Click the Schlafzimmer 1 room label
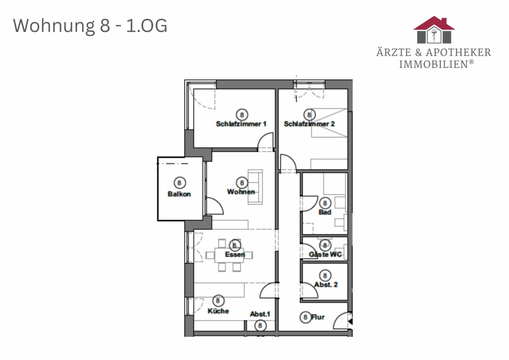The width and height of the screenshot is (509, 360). point(241,124)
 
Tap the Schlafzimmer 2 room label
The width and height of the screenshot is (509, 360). point(309,124)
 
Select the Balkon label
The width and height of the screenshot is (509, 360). point(179,194)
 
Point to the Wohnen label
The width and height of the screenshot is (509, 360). point(241,192)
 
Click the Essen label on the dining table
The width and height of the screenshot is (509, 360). point(235,254)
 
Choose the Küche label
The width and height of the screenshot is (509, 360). point(218,311)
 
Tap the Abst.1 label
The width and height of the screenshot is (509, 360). point(260,314)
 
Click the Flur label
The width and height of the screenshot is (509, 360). point(318,317)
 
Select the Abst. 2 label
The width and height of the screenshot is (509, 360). point(326,284)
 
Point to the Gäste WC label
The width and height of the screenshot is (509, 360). point(325,254)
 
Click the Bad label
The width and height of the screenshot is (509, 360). point(325,212)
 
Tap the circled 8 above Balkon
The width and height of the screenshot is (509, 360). point(180,183)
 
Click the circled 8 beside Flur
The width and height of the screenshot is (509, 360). point(305,317)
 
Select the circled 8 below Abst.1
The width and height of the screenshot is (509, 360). point(260,326)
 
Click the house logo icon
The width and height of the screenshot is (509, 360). point(434,30)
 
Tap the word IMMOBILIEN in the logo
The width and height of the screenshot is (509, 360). point(433,64)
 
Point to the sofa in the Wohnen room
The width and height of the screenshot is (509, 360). point(255,187)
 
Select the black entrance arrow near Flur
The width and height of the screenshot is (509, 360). point(350,321)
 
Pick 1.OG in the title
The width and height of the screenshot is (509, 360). point(147,26)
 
